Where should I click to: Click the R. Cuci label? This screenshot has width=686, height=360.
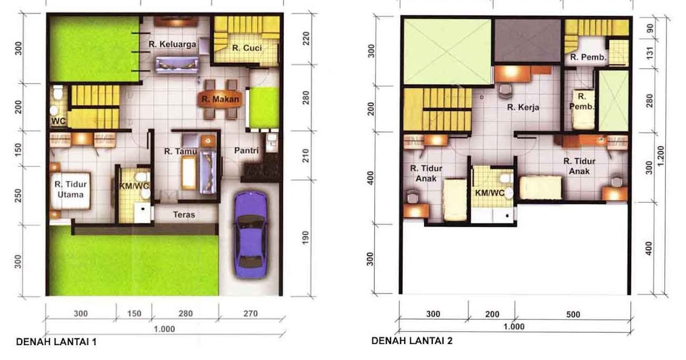247,49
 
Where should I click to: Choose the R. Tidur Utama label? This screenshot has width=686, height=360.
70,189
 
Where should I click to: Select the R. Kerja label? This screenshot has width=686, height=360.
524,107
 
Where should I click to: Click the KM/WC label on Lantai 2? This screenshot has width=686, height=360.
490,193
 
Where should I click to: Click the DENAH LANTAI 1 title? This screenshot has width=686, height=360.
56,342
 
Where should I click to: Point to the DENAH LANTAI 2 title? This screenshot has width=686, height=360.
412,341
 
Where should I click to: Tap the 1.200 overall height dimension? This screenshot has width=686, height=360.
661,154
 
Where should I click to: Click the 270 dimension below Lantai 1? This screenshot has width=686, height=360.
250,314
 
